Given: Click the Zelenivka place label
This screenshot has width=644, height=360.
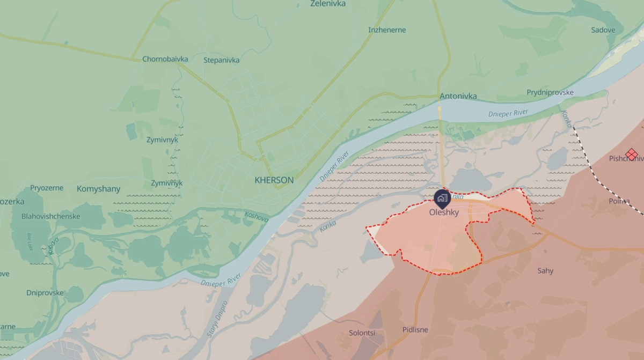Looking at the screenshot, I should coord(328,4).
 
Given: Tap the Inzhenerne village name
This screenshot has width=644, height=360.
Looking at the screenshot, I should coord(387,30).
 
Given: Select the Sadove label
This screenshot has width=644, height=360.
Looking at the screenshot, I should coord(603,30).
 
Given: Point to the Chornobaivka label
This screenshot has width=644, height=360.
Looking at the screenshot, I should coord(165,59).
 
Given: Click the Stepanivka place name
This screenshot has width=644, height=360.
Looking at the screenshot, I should coord(222,60).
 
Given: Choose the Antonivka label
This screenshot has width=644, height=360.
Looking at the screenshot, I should coord(458,97).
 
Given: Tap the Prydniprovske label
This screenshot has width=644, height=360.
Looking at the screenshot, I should coord(550,92).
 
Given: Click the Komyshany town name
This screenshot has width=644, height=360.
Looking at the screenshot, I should coord(99,189).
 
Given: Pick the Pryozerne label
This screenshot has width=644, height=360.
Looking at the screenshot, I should coord(47,188).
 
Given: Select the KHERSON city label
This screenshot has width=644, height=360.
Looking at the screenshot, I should coord(274,180).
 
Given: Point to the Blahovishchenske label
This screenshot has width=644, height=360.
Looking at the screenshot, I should coord(51,217).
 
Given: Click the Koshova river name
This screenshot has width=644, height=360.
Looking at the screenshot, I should coord(257,217).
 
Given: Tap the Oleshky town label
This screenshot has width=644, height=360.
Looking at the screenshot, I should coord(444,212).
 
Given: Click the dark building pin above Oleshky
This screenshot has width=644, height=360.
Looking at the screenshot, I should coord(442,198).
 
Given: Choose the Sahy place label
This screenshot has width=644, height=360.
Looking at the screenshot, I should coord(545,271).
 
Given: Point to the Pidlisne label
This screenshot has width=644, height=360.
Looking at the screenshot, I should coord(415,330).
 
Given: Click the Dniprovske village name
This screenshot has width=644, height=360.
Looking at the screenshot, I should coord(45,293).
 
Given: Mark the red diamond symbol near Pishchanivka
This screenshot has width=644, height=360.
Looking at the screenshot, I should coord(632,154).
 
